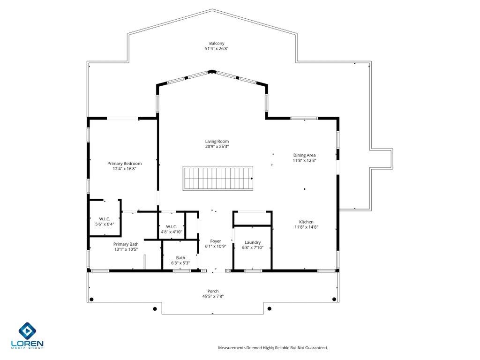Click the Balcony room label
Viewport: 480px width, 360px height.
(217, 43)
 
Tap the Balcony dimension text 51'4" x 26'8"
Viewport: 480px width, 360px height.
(217, 49)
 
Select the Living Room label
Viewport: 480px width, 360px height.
(217, 141)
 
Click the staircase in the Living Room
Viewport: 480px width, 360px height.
(218, 178)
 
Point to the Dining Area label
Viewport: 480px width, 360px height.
(304, 155)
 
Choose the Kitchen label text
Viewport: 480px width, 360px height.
(307, 222)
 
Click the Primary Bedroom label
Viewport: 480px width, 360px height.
(124, 164)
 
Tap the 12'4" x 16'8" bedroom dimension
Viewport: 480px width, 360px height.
(124, 169)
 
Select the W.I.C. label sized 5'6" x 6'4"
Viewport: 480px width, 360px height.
(104, 219)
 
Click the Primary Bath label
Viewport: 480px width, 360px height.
(126, 244)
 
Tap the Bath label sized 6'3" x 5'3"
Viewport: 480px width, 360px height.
(180, 258)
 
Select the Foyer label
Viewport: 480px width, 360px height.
(216, 241)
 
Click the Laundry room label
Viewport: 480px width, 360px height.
(253, 242)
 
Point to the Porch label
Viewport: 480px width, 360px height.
(213, 291)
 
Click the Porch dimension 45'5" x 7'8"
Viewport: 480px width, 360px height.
(213, 296)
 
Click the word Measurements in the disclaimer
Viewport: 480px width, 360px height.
(233, 348)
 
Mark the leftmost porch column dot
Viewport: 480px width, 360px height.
(91, 299)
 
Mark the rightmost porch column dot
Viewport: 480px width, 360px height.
(334, 299)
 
